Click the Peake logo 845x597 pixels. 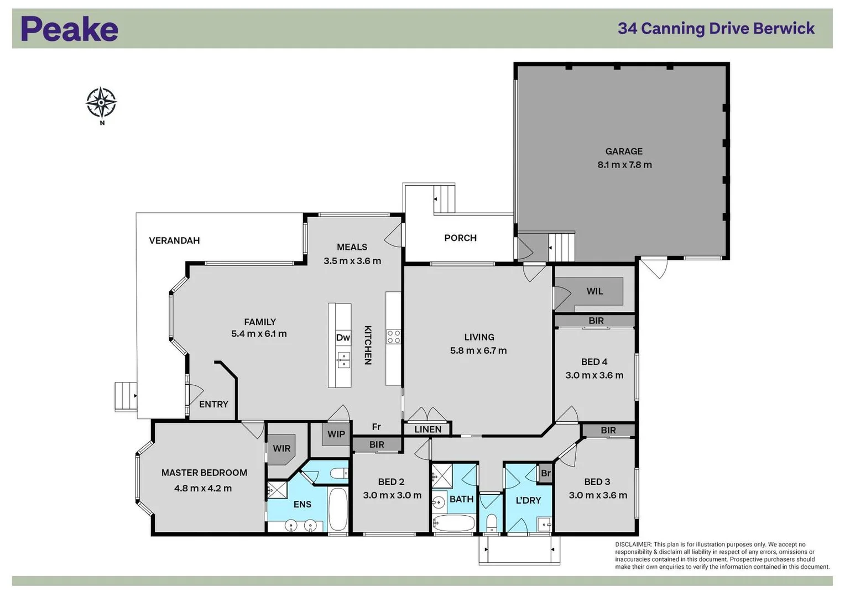69,29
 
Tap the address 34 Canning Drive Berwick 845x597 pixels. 716,29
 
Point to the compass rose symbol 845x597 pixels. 101,103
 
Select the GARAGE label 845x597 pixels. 624,151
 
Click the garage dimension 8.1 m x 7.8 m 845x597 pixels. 624,165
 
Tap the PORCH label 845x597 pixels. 460,238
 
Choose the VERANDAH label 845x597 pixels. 174,240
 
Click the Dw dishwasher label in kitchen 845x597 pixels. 343,338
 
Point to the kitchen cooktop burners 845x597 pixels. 393,337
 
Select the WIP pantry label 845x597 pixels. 336,434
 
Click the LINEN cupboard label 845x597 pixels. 427,430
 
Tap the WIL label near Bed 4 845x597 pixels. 594,291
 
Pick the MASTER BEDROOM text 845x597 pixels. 204,473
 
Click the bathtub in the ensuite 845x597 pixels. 337,509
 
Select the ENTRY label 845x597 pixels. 213,405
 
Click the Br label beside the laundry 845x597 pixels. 546,474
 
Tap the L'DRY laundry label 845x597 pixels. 528,500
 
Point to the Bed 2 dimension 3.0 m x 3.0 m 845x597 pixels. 392,496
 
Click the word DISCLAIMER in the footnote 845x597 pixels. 633,544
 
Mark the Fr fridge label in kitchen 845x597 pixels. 376,427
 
